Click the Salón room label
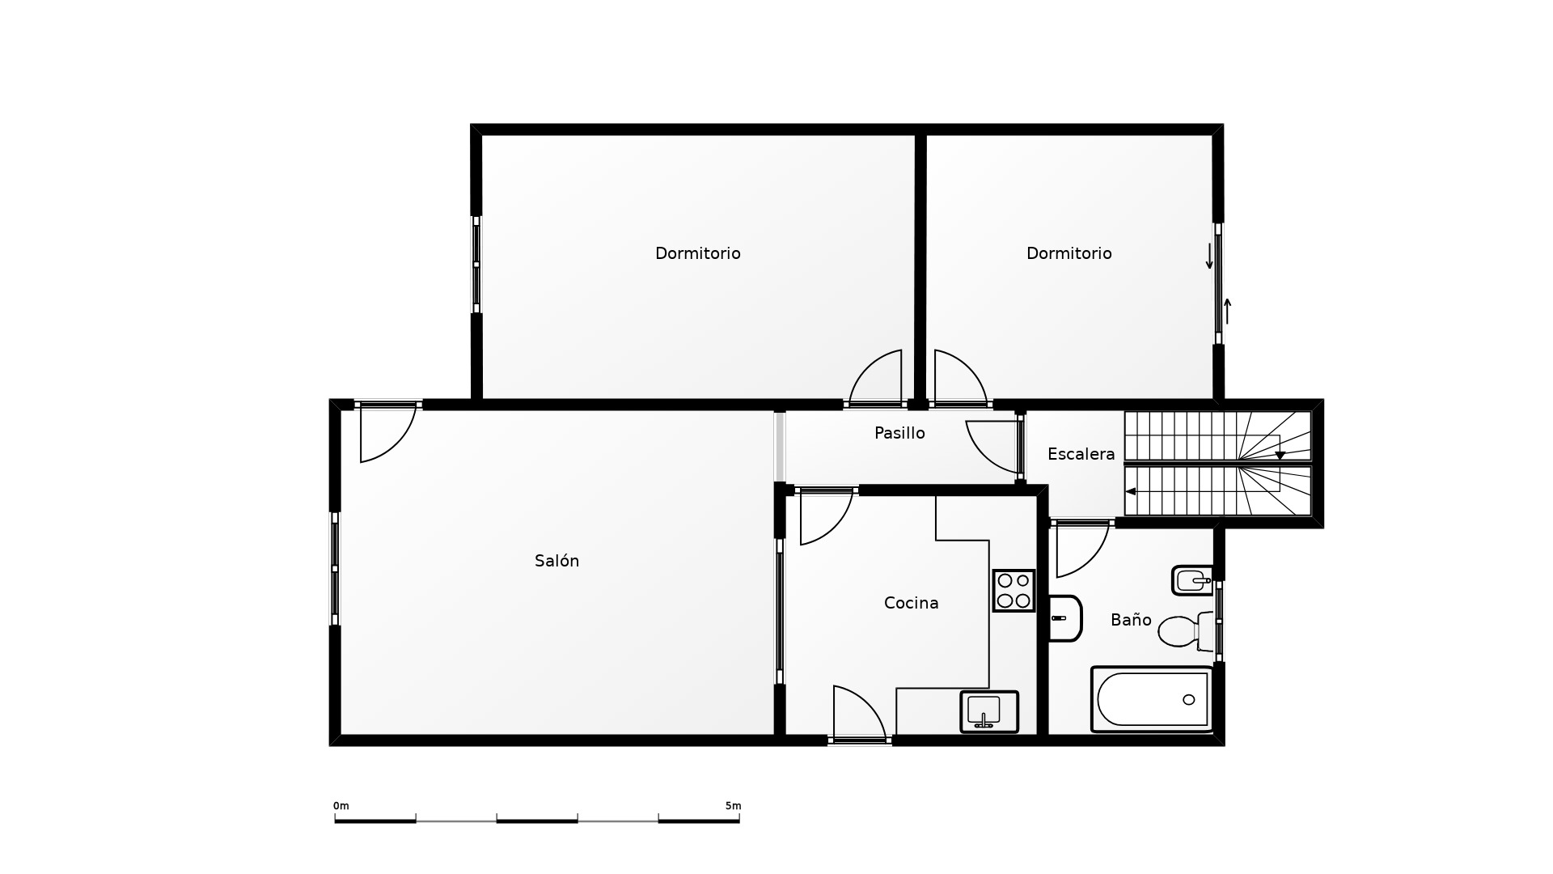click(x=556, y=561)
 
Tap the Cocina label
click(x=911, y=603)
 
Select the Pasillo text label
click(x=899, y=433)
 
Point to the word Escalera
click(x=1081, y=454)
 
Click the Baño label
click(x=1131, y=620)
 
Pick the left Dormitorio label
click(x=697, y=253)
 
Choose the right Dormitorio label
click(x=1068, y=253)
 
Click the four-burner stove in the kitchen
click(x=1013, y=591)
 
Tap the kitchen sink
click(x=988, y=712)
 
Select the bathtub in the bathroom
click(x=1153, y=699)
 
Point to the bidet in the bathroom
click(x=1193, y=580)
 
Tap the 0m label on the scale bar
click(x=341, y=806)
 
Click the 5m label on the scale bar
click(x=733, y=806)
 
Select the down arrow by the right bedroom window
click(x=1209, y=256)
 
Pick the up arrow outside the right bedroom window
click(x=1227, y=312)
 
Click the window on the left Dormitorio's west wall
click(x=476, y=265)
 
